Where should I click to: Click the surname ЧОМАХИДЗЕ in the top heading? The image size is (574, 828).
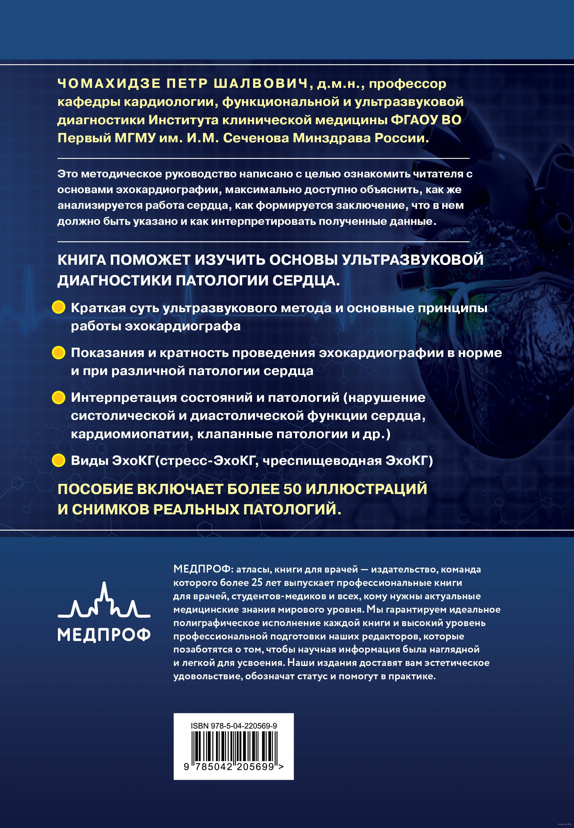point(109,84)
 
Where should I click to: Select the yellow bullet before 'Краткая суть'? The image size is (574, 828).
point(59,308)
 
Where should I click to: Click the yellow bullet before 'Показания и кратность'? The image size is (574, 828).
point(59,353)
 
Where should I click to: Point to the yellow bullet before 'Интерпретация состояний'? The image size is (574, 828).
point(59,397)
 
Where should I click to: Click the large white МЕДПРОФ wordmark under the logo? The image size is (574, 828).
point(104,635)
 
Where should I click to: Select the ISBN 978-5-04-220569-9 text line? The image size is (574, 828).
point(234,726)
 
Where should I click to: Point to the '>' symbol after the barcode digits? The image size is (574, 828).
point(281,767)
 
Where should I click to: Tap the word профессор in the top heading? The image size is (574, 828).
point(408,84)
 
